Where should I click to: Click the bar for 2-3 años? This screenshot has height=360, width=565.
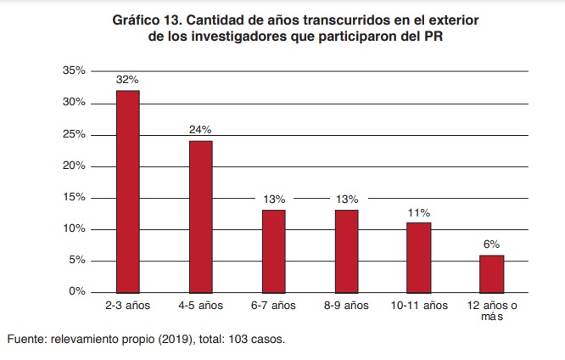[127, 191]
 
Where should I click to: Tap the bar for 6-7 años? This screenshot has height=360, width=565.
[273, 250]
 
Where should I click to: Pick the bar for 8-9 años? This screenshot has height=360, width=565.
[345, 250]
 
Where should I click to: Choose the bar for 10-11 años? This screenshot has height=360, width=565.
[418, 256]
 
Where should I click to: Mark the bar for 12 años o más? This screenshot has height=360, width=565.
[491, 273]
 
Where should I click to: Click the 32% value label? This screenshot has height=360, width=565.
[127, 80]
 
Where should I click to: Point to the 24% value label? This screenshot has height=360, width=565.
[200, 130]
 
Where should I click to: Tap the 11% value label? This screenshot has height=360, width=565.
[418, 212]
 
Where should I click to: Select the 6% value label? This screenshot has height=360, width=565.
[491, 245]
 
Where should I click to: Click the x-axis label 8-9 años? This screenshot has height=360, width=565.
[345, 305]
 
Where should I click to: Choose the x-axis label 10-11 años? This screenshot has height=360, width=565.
[418, 305]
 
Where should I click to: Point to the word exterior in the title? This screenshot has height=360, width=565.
[428, 20]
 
